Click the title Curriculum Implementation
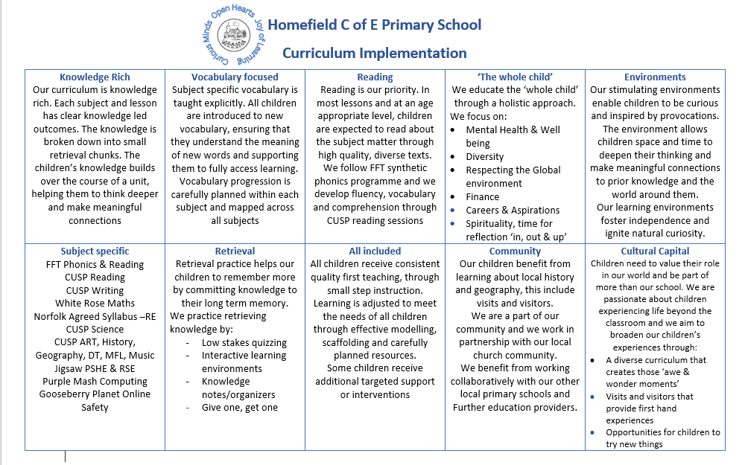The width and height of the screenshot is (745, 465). pos(374,53)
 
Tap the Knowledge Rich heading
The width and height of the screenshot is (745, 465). pos(95,77)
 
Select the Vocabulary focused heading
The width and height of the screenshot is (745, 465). pos(235,77)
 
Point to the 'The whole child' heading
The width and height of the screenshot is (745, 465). pos(515,77)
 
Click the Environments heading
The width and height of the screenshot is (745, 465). pos(655,77)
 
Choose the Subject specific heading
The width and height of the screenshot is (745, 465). pos(95,251)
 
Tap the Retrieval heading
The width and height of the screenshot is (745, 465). pos(235,251)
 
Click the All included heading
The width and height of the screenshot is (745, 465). pos(375,251)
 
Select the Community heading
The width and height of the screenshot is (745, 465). pos(515,251)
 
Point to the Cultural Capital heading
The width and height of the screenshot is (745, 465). pos(655,251)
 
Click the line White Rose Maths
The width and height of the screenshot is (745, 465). pos(95,303)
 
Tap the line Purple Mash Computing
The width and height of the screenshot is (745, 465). pos(95,381)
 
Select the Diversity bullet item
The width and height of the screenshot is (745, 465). pos(484,157)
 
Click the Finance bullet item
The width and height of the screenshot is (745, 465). pos(482,197)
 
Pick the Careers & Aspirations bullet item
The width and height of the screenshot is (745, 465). pos(513,211)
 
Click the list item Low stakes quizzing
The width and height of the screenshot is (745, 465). pos(244,343)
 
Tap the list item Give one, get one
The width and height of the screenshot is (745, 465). pos(239,408)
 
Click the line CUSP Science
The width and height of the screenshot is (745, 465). pos(95,329)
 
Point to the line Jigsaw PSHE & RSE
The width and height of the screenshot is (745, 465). pos(95,368)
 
